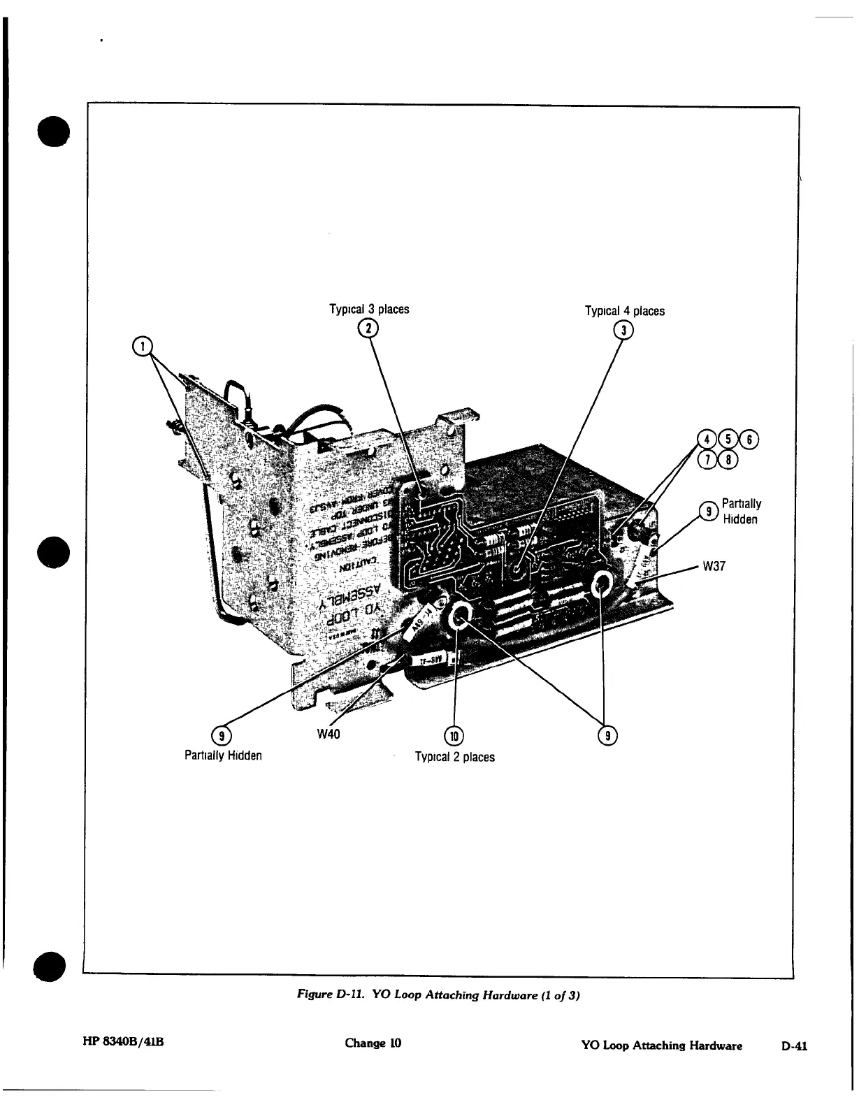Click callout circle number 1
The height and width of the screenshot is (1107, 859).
pos(142,345)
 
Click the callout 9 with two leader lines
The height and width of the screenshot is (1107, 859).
pos(609,735)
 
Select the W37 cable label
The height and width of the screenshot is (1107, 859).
pos(714,566)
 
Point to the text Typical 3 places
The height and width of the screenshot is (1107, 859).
pos(369,309)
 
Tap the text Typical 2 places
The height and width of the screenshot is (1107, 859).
pos(454,757)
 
